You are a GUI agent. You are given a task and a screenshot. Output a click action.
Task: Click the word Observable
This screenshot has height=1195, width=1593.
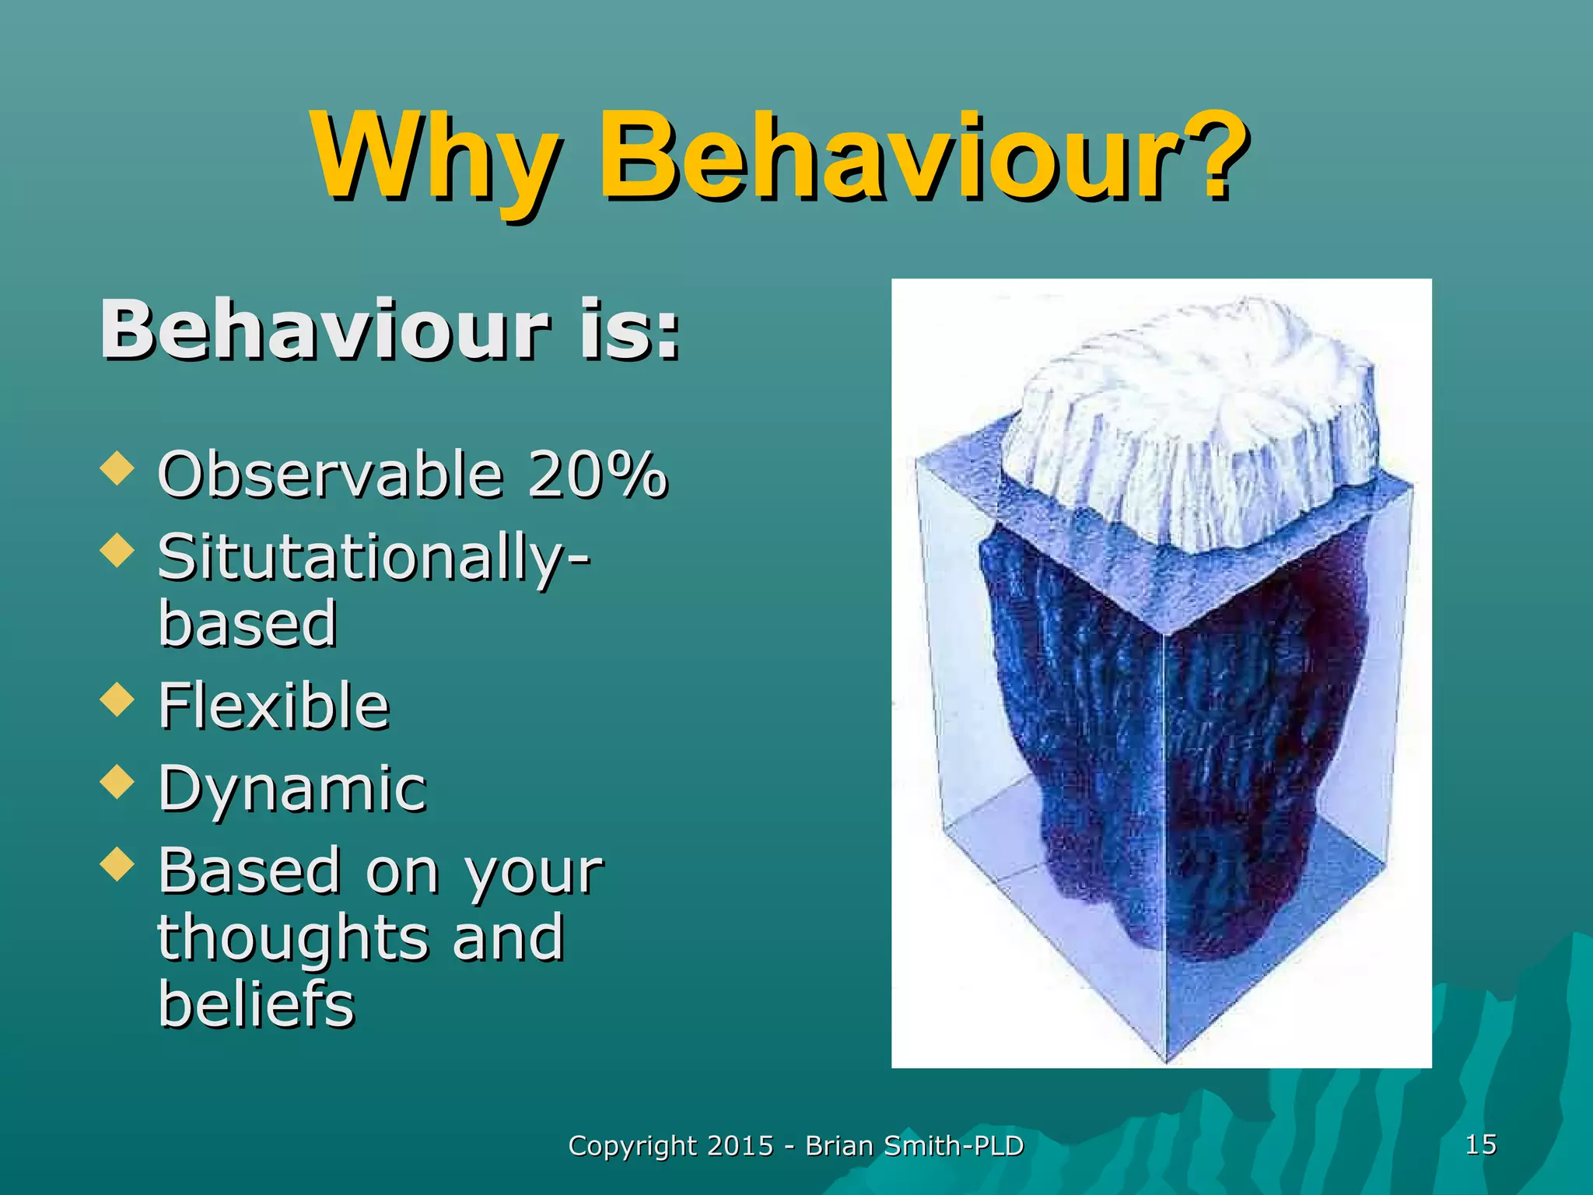coord(331,475)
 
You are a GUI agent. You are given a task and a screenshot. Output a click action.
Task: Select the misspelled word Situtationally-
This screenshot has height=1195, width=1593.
coord(373,558)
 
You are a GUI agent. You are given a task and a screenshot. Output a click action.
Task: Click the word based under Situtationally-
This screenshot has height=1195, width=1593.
coord(247,624)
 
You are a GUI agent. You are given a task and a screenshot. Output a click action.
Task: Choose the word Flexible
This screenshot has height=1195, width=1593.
coord(273,706)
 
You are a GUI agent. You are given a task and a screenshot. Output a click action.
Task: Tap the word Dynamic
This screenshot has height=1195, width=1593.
coord(292,788)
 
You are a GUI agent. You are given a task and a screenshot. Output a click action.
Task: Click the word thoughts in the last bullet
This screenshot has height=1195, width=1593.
coord(292,937)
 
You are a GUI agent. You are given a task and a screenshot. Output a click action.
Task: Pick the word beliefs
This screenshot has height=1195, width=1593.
coord(256,1004)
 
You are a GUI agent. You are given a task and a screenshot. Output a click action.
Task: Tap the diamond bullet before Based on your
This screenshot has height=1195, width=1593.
coord(117,864)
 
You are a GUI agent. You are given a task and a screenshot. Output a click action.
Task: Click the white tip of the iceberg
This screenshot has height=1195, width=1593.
coord(1190,420)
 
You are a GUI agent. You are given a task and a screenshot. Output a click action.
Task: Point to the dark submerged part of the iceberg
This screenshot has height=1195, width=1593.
coord(1167,739)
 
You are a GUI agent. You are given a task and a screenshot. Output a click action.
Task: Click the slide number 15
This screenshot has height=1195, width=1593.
coord(1480,1144)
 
